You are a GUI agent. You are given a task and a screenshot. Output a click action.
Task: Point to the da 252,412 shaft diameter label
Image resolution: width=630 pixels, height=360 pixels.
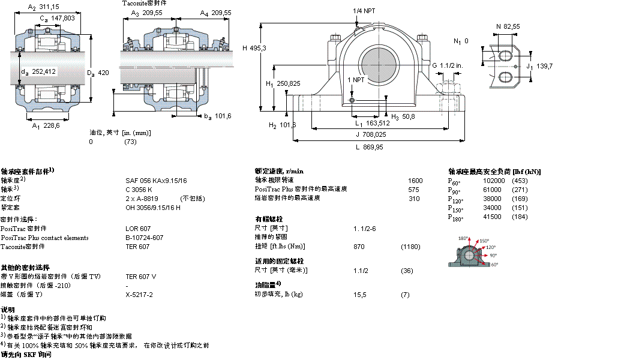pos(38,71)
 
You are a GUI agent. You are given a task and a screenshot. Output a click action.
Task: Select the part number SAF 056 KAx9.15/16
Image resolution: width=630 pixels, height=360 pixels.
pos(156,180)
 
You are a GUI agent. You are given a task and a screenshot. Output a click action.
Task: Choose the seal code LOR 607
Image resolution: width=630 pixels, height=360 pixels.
pos(138,229)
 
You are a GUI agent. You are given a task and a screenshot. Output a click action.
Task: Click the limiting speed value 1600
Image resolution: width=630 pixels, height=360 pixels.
pos(415,180)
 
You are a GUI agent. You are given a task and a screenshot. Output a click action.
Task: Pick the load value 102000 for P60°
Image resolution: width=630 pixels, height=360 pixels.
pos(493,181)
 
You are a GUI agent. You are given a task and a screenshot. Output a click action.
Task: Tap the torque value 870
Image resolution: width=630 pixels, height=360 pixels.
pos(359,247)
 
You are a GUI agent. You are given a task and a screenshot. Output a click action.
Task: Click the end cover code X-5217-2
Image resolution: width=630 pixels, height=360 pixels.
pos(139,295)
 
